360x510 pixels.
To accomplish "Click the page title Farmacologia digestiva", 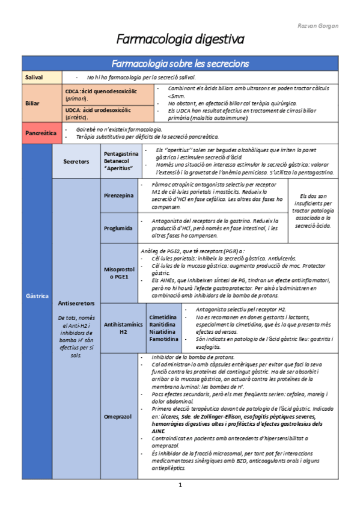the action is [180, 40].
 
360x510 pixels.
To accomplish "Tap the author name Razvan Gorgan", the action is [319, 26].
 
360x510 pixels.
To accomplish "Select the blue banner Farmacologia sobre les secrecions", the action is [180, 64].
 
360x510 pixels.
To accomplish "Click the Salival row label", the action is [34, 78].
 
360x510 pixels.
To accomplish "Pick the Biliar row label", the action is [32, 103].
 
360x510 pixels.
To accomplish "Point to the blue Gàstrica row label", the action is [36, 296].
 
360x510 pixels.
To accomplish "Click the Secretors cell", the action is [76, 161].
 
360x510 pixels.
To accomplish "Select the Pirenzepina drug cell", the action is [118, 196].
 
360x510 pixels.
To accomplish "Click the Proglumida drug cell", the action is [118, 229].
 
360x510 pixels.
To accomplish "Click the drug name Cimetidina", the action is [163, 316].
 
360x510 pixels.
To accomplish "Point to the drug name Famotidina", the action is [163, 339].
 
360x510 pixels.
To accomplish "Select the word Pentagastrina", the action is [121, 154].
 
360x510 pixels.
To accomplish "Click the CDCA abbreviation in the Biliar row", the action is [72, 91].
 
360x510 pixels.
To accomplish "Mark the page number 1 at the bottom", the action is [180, 485].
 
